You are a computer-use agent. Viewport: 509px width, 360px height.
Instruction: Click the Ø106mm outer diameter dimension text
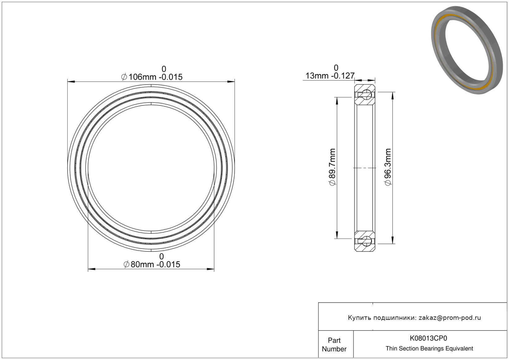pos(152,77)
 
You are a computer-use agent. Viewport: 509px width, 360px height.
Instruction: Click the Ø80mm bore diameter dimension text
pos(152,265)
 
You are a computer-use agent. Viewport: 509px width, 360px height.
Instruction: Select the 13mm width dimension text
pos(330,76)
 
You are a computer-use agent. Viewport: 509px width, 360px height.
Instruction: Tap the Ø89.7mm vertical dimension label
pos(332,167)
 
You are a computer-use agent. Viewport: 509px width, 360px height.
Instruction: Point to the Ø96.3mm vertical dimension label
pos(388,167)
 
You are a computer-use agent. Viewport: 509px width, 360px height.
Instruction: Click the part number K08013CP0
pos(428,338)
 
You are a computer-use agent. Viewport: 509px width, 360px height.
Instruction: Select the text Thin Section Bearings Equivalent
pos(429,349)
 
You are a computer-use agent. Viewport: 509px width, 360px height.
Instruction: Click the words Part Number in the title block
pos(334,345)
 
